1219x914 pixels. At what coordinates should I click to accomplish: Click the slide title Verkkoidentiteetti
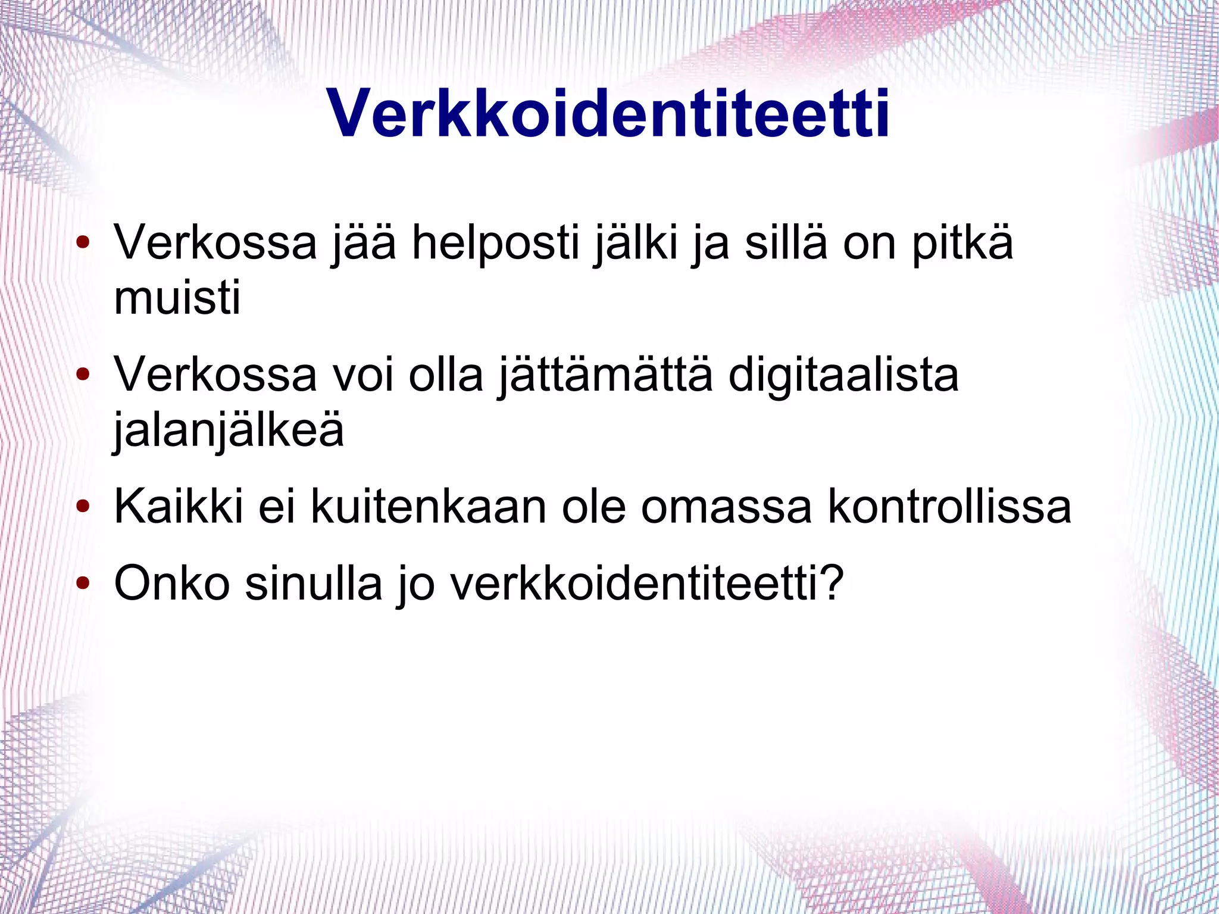click(608, 114)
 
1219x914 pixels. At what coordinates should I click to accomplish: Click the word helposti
click(495, 244)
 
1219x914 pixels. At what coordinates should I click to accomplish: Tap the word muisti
click(177, 297)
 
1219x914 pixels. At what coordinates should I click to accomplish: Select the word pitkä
click(962, 244)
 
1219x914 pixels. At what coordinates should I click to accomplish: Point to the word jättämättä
click(605, 376)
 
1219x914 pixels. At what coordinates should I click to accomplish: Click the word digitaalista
click(843, 376)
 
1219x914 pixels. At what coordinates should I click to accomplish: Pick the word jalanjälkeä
click(229, 431)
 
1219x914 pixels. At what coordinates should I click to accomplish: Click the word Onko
click(171, 583)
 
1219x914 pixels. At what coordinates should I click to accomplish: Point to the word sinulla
click(314, 583)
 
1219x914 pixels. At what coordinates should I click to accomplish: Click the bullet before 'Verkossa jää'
click(83, 243)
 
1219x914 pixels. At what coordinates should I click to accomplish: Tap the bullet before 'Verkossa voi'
click(83, 375)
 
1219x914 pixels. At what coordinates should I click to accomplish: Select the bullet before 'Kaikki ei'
click(83, 507)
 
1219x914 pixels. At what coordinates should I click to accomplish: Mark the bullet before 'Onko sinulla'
click(83, 583)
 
